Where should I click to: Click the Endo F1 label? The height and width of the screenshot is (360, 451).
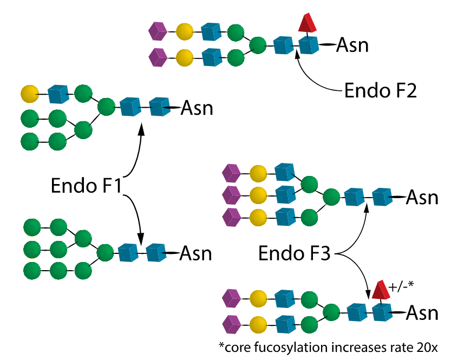pyautogui.click(x=87, y=186)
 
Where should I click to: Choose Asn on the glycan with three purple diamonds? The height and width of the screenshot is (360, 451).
pyautogui.click(x=422, y=198)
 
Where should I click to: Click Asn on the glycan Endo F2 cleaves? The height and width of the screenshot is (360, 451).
pyautogui.click(x=352, y=45)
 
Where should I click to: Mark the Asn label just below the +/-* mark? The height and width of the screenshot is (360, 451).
pyautogui.click(x=422, y=313)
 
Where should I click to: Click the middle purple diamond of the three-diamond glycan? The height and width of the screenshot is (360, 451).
pyautogui.click(x=231, y=193)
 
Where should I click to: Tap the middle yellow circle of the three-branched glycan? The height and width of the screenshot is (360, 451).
pyautogui.click(x=258, y=193)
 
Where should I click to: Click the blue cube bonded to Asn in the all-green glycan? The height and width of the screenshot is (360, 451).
pyautogui.click(x=156, y=252)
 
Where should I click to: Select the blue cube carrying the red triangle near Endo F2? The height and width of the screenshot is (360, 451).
pyautogui.click(x=309, y=45)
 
